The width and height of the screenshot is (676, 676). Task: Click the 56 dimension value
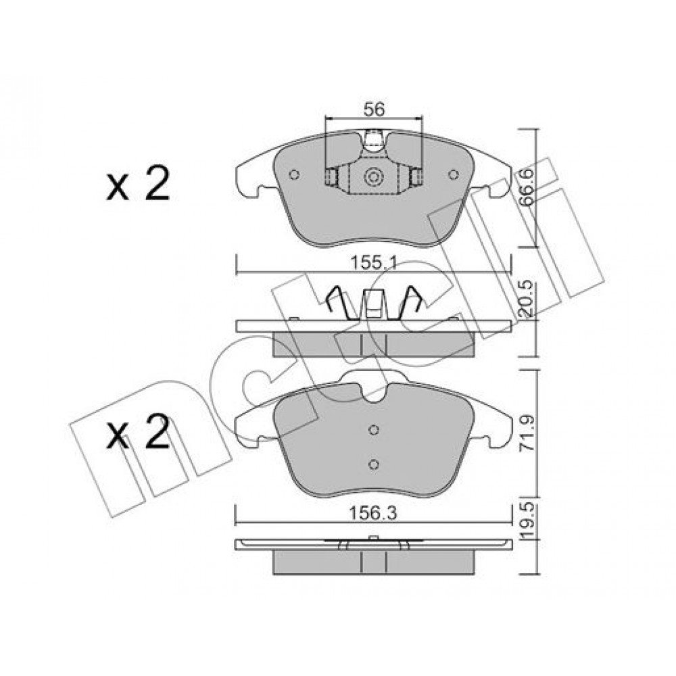click(374, 110)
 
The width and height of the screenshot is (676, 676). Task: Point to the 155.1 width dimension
click(373, 262)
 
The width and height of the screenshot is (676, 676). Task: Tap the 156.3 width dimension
click(373, 513)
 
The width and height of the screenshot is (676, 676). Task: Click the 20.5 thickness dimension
click(527, 299)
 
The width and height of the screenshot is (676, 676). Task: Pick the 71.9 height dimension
click(527, 433)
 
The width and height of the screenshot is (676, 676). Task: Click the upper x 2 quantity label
click(138, 185)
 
